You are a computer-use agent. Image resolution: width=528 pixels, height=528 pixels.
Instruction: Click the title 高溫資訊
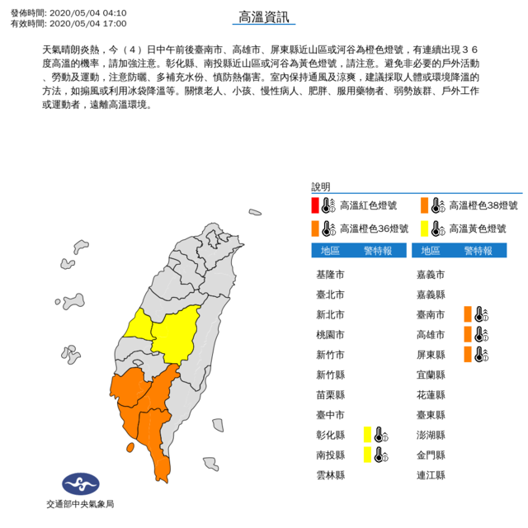[264, 16]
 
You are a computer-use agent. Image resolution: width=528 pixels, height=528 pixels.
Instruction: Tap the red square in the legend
[315, 205]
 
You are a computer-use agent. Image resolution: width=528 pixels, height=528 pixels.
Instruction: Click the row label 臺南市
[431, 313]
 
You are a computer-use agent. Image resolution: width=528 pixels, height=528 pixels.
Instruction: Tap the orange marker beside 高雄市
[469, 334]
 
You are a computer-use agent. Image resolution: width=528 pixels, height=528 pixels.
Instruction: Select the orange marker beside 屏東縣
[469, 354]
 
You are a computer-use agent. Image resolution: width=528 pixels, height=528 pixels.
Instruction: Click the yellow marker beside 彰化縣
[369, 434]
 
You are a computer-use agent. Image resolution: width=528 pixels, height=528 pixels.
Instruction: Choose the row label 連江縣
[431, 475]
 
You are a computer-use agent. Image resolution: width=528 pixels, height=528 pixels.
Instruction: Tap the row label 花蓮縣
[431, 394]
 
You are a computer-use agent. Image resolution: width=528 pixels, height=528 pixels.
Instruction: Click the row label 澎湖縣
[431, 435]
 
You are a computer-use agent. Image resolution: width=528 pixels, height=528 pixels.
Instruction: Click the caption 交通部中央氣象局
[80, 504]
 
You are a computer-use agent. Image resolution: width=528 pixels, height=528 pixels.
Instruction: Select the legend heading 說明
[320, 187]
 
